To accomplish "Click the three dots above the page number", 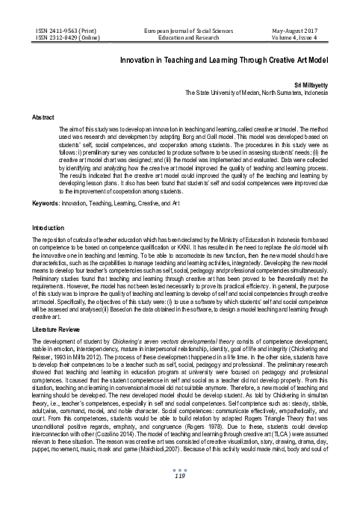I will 179,486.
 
